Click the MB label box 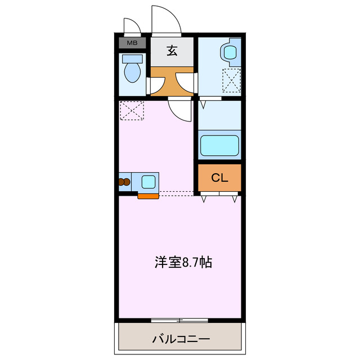132,42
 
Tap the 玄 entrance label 172,51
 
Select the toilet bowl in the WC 132,72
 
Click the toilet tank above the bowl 132,58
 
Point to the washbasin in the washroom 231,52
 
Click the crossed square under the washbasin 231,80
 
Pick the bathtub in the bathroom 220,145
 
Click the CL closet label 219,178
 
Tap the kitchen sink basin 149,182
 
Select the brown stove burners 125,182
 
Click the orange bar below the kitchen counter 148,196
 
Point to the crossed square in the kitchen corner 132,110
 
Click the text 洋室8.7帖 183,262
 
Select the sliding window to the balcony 179,321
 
